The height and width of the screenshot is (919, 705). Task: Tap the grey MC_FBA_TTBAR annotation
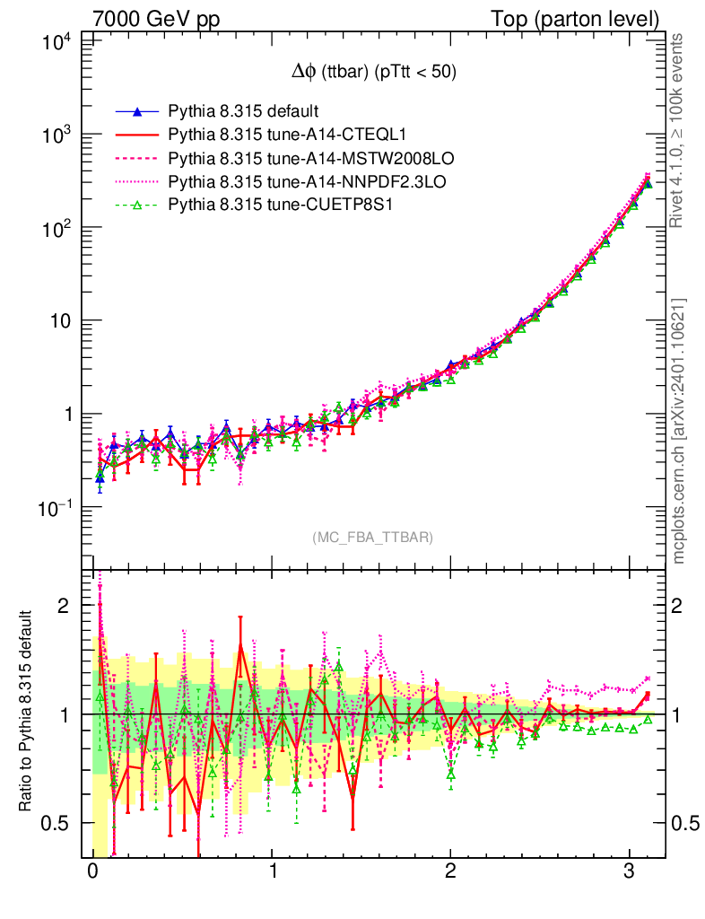(x=373, y=537)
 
